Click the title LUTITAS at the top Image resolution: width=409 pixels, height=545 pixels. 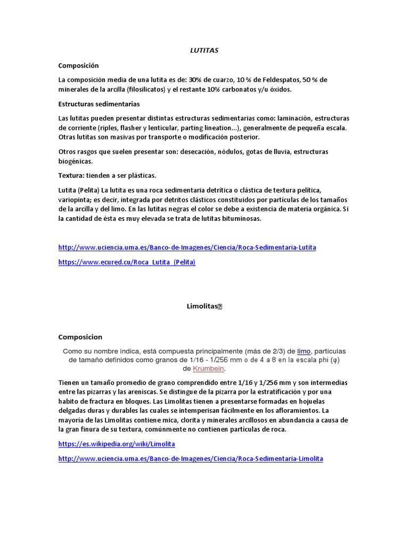pyautogui.click(x=204, y=51)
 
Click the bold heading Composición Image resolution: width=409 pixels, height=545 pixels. pyautogui.click(x=78, y=65)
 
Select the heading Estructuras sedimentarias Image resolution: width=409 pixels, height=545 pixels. pyautogui.click(x=99, y=104)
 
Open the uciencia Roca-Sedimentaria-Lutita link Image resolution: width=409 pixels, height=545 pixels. pyautogui.click(x=187, y=247)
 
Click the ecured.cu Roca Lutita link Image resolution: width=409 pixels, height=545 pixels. pyautogui.click(x=127, y=262)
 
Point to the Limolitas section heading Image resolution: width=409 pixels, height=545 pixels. pyautogui.click(x=203, y=307)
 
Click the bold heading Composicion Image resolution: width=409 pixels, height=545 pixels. pyautogui.click(x=80, y=337)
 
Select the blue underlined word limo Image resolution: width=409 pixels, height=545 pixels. pyautogui.click(x=304, y=351)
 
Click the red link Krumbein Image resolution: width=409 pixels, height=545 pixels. pyautogui.click(x=209, y=369)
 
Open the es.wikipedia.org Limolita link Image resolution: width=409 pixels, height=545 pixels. pyautogui.click(x=117, y=444)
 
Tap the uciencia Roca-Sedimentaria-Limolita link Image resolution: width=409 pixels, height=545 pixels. pyautogui.click(x=191, y=459)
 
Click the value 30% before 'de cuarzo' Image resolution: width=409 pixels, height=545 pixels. pyautogui.click(x=195, y=80)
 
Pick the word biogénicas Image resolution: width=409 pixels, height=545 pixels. pyautogui.click(x=75, y=161)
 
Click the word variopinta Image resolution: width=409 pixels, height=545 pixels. pyautogui.click(x=75, y=200)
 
